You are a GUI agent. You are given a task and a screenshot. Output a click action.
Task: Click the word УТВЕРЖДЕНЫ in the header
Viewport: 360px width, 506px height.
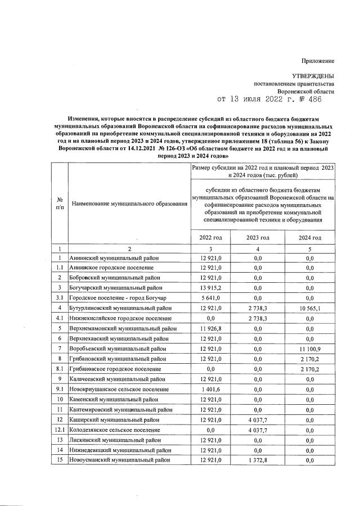pos(313,75)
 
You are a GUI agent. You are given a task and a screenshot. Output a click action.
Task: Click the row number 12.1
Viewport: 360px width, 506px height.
pos(60,430)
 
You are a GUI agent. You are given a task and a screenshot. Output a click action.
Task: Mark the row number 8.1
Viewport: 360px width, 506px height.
pos(60,369)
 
